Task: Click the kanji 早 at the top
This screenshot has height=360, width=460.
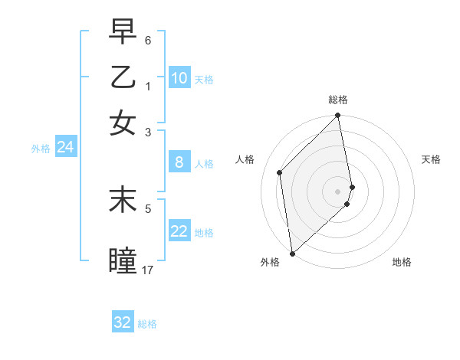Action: tap(123, 33)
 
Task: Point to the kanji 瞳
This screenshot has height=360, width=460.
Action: tap(123, 260)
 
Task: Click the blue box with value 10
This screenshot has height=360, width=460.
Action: tap(179, 78)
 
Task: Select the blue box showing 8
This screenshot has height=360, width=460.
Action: tap(179, 162)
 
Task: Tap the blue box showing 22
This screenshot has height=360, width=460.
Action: tap(179, 231)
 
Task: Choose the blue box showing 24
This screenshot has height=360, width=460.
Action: tap(65, 148)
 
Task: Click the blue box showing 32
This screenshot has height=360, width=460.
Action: tap(123, 322)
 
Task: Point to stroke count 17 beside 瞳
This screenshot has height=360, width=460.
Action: tap(148, 270)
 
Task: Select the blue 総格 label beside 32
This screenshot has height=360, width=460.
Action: tap(147, 324)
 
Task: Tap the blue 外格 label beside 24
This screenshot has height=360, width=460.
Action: tap(40, 149)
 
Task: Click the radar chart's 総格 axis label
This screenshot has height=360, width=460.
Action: tap(338, 100)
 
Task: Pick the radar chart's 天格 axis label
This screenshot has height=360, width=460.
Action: tap(431, 159)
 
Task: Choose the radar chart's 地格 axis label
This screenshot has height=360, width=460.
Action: tap(402, 262)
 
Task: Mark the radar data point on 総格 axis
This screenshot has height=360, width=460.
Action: tap(338, 116)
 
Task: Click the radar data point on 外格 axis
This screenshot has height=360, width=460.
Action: tap(292, 253)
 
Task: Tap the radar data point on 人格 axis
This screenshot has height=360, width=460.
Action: tap(280, 172)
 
